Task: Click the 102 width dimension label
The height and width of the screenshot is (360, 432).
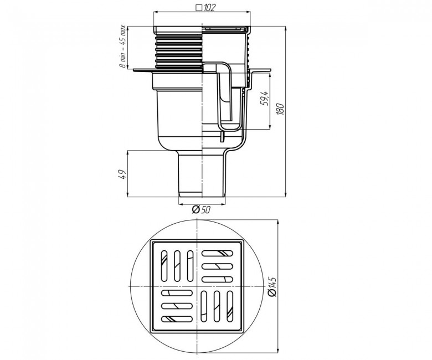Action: [209, 8]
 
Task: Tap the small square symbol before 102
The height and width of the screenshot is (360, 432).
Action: [199, 8]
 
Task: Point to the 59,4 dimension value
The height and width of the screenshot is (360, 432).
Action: [264, 99]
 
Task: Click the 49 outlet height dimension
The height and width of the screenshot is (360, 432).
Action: [122, 174]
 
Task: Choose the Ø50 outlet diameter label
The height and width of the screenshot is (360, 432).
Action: [201, 210]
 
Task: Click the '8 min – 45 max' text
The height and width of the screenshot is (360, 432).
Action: [122, 47]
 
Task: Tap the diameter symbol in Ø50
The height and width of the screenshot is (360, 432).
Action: [196, 210]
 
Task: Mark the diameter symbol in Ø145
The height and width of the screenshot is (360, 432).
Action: [272, 294]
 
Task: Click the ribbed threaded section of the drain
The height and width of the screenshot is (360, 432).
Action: [178, 52]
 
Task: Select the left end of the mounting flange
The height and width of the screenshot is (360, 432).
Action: [134, 70]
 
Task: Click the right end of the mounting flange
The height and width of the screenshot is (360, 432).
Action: [270, 70]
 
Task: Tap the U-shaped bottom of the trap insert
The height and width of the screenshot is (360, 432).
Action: [230, 128]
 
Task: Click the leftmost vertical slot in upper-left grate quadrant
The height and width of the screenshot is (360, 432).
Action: [164, 266]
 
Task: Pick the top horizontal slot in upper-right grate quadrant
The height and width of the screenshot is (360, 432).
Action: [217, 253]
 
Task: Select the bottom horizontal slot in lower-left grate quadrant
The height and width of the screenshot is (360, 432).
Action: [177, 319]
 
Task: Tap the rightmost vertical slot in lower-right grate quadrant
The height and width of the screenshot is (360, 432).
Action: [230, 306]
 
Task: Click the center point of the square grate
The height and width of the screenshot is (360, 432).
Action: [197, 286]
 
